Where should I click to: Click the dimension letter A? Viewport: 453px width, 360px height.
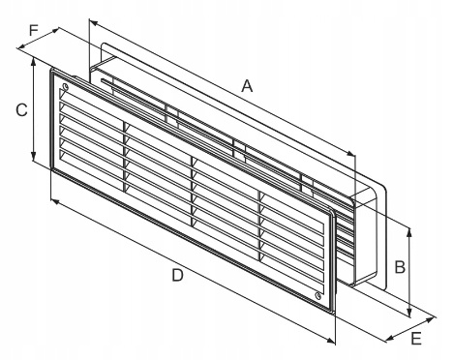247,86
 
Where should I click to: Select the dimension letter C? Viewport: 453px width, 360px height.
19,110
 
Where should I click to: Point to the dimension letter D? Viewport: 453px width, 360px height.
177,275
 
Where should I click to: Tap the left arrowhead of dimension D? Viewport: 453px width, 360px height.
51,199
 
